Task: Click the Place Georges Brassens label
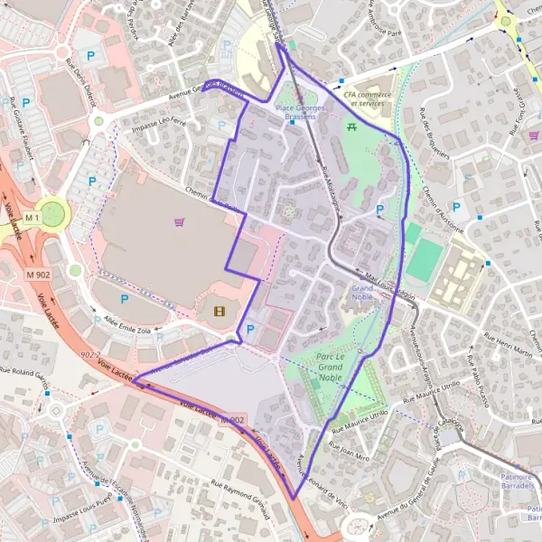295,112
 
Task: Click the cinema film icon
220,312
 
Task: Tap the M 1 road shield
33,218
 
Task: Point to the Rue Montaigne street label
326,188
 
